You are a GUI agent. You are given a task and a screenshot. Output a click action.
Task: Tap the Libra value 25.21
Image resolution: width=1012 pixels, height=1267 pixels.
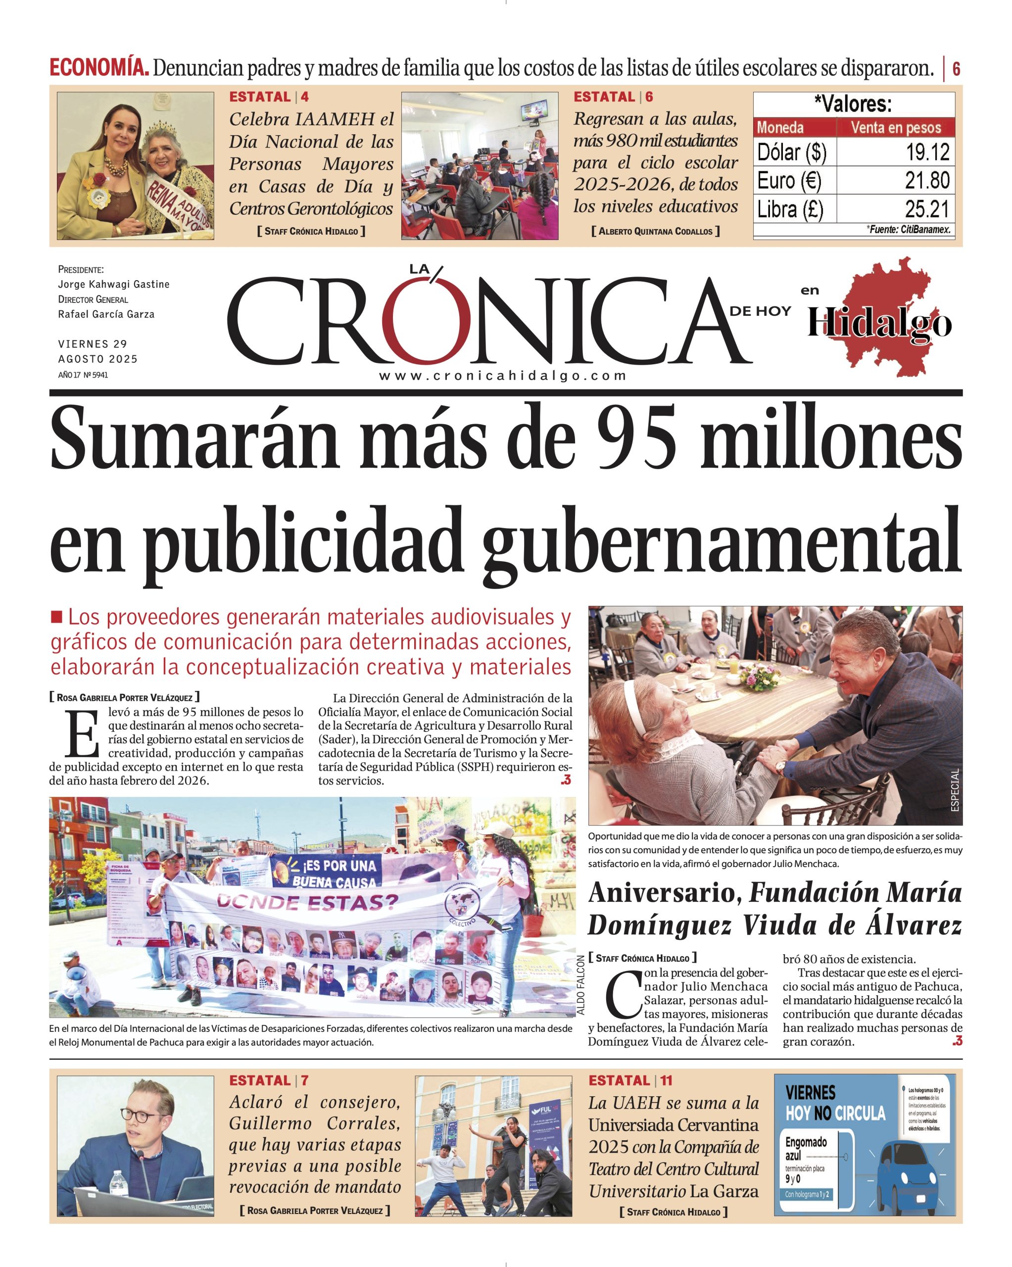click(x=927, y=209)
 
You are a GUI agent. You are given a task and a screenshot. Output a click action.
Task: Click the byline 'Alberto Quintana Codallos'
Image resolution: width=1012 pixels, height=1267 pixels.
click(x=655, y=232)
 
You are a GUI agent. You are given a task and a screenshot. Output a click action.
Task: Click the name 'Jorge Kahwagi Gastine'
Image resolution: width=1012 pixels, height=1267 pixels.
click(x=113, y=285)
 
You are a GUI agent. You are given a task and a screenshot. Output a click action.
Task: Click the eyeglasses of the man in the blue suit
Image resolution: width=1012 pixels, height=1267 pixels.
click(x=140, y=1113)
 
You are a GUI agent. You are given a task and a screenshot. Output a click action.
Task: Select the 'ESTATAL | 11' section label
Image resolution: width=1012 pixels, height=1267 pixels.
click(x=630, y=1080)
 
